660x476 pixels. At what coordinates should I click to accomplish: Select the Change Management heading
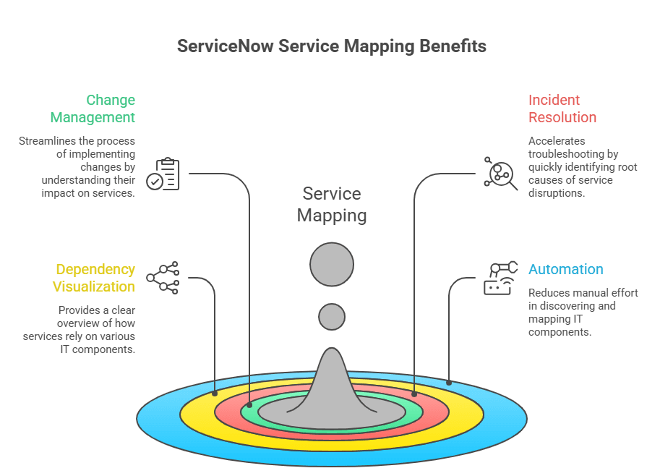click(x=93, y=109)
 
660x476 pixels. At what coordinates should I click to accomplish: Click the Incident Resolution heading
click(x=562, y=109)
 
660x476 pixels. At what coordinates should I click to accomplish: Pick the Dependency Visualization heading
click(x=93, y=278)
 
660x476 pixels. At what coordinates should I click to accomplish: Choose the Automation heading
click(x=566, y=269)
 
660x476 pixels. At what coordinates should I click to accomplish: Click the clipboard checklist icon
click(x=163, y=174)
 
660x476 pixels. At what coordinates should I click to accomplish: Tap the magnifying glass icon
click(x=500, y=174)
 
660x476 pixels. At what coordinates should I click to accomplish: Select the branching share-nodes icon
click(x=163, y=278)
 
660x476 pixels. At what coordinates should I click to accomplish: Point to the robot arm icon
click(x=500, y=278)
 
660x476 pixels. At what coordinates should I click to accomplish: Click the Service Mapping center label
click(x=332, y=205)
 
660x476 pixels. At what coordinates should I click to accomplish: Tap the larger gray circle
click(x=332, y=265)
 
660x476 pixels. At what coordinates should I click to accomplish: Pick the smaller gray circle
click(x=332, y=317)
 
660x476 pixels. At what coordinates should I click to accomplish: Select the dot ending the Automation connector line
click(x=449, y=383)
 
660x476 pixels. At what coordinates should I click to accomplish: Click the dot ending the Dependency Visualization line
click(x=215, y=394)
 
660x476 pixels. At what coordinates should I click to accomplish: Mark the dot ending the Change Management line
click(x=249, y=405)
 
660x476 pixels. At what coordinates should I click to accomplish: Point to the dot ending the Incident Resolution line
click(x=414, y=394)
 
